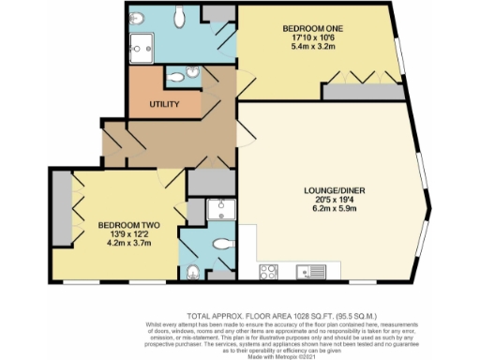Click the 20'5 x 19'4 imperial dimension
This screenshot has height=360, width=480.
(x=328, y=204)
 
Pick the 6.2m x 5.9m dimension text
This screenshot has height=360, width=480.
(x=328, y=214)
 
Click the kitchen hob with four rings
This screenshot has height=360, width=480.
(x=267, y=273)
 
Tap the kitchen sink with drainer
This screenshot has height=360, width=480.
(x=306, y=273)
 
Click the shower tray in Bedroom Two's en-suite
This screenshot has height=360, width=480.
(x=217, y=209)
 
